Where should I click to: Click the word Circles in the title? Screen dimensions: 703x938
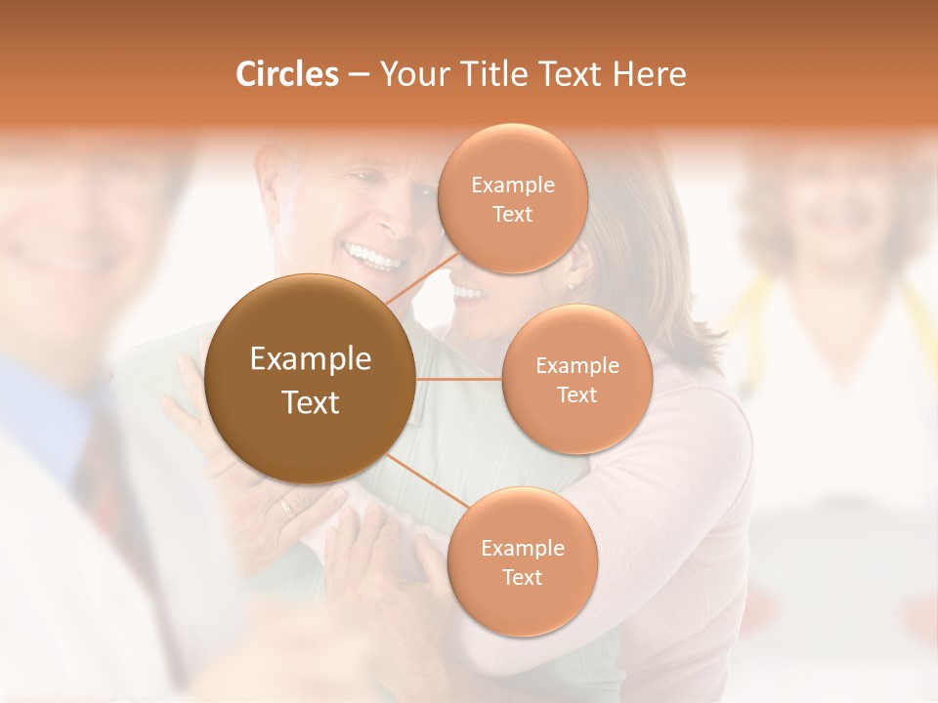tap(286, 74)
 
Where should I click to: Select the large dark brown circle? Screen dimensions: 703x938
tap(311, 379)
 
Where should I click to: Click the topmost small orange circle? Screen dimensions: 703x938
tap(512, 198)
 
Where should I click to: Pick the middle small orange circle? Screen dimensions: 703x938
tap(577, 379)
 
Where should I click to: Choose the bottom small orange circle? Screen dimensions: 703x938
tap(522, 561)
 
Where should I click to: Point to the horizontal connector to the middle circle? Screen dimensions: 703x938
tap(459, 379)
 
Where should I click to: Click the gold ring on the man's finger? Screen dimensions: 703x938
tap(285, 505)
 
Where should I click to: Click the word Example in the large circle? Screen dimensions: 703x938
tap(311, 359)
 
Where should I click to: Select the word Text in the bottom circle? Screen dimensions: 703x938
tap(522, 577)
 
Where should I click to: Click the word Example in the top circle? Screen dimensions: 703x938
tap(512, 185)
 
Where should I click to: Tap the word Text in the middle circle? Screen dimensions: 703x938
tap(577, 394)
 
